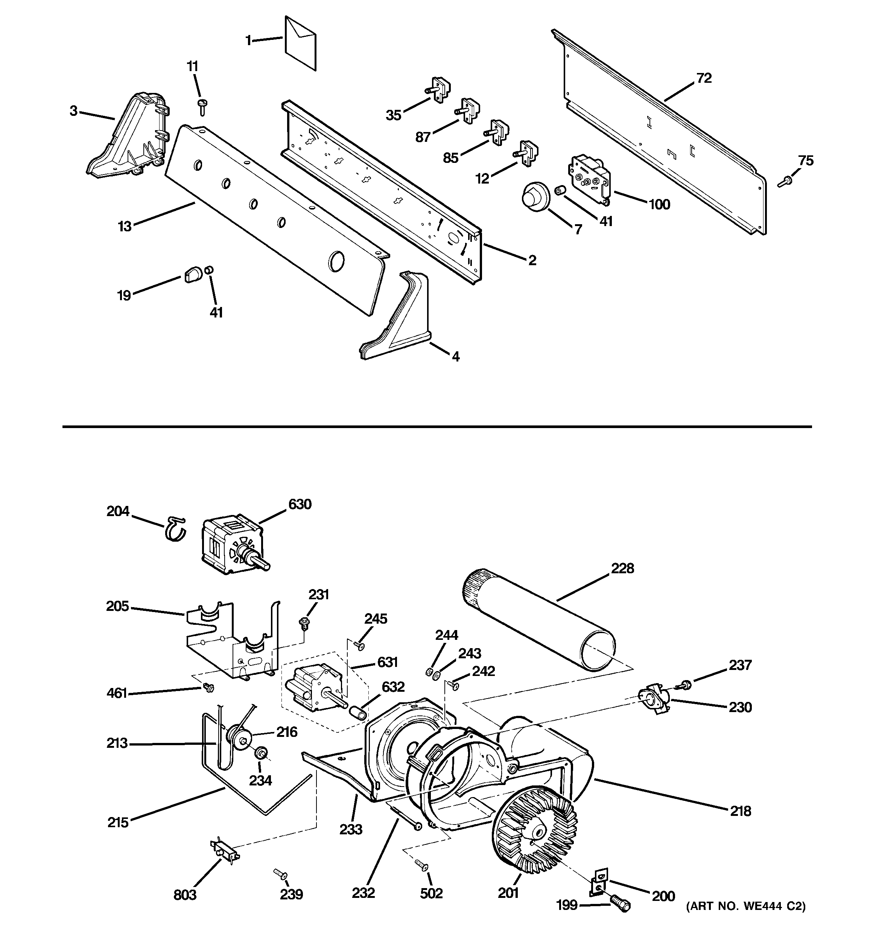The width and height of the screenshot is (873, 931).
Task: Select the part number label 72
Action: coord(704,78)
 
